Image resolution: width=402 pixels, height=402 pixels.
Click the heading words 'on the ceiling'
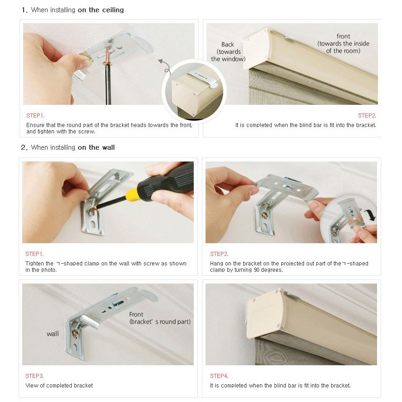101,10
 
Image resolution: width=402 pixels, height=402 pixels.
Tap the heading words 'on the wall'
96,147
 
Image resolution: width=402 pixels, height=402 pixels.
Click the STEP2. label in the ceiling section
367,116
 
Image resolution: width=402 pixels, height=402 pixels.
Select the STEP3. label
34,376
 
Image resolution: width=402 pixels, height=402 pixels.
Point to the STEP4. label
219,376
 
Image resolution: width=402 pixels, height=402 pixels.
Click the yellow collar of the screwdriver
132,194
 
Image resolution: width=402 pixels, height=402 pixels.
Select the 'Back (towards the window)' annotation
228,52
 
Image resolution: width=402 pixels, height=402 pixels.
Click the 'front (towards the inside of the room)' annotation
343,44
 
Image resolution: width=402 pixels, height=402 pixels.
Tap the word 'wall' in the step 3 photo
53,334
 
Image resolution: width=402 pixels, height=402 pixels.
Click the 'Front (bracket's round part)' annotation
160,318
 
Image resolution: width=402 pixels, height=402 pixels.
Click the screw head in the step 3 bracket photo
75,333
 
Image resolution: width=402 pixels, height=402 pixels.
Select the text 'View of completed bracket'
59,385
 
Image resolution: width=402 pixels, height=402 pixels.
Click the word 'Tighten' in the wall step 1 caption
36,263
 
